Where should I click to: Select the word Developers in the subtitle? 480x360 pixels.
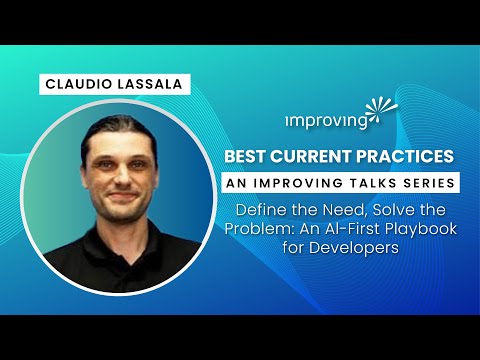339,248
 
